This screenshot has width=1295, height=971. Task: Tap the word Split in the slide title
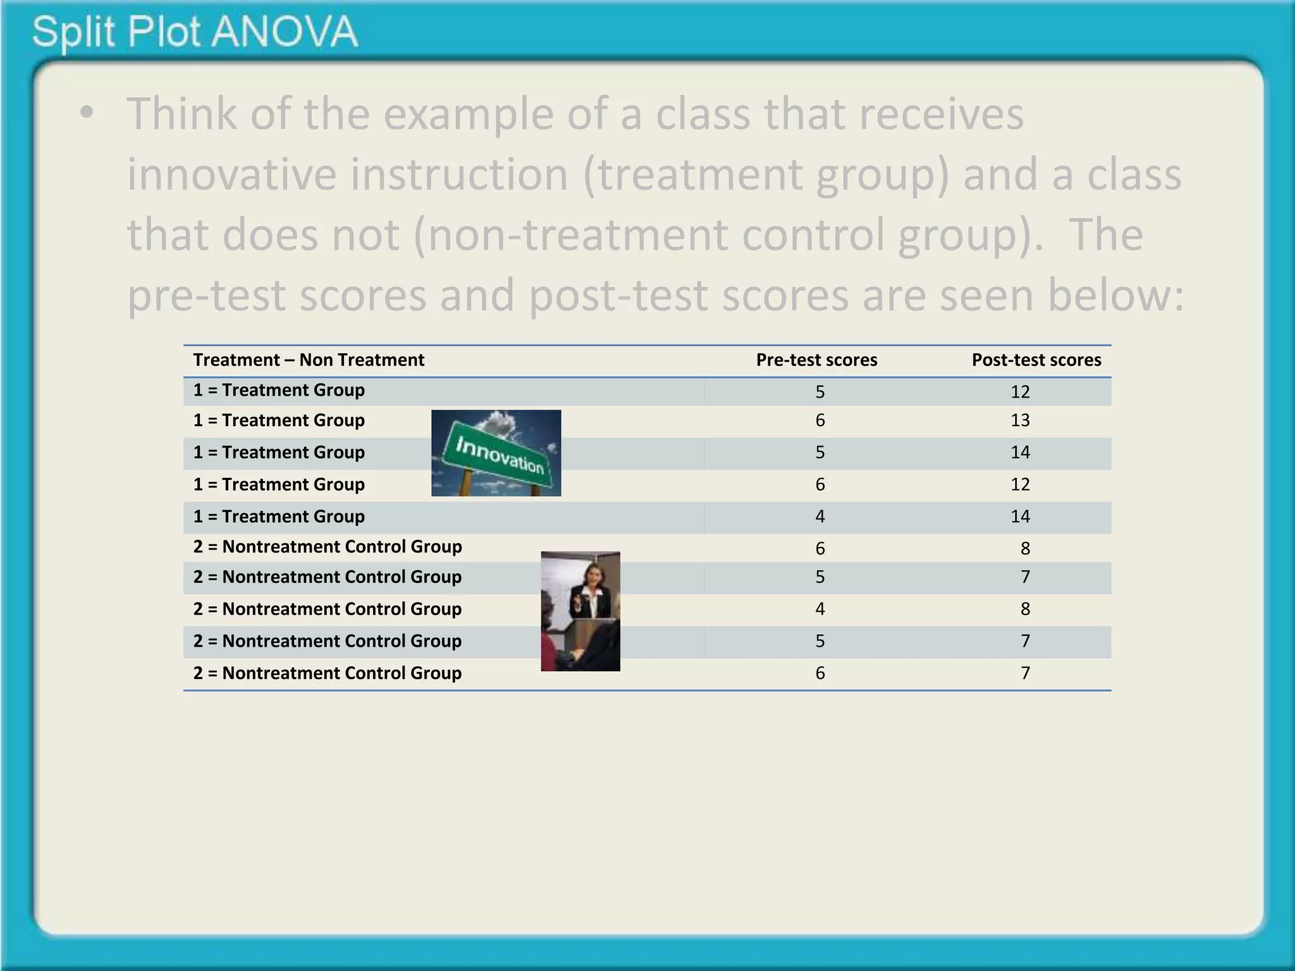(x=73, y=33)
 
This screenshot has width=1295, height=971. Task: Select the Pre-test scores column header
(x=816, y=360)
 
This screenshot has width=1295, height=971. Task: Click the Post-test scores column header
(x=1036, y=360)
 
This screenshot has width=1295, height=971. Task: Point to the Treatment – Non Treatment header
(x=309, y=360)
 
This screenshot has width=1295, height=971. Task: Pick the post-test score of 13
(x=1020, y=421)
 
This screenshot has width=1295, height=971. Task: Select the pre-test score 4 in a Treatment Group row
(x=820, y=517)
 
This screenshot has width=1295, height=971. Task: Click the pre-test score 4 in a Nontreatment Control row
(x=820, y=609)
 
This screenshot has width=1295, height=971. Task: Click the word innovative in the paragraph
(x=231, y=174)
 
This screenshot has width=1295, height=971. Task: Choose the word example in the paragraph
(x=467, y=115)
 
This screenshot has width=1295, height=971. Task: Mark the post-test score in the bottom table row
(x=1025, y=673)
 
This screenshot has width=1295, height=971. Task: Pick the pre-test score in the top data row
(x=820, y=392)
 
